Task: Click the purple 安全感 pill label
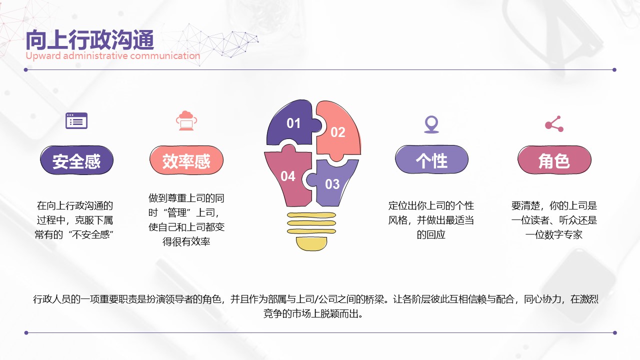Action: coord(76,160)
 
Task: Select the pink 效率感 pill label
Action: coord(186,160)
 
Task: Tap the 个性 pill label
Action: coord(431,159)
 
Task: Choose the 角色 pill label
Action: coord(554,160)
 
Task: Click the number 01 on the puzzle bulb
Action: coord(293,123)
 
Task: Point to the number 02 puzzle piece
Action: coord(338,132)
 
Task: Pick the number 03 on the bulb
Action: coord(332,184)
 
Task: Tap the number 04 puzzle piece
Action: coord(287,176)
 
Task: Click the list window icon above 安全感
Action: coord(76,121)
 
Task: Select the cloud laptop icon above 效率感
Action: coord(186,120)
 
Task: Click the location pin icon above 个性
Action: coord(431,124)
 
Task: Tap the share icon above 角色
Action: coord(554,124)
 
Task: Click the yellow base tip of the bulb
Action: coord(311,244)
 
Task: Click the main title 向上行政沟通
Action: coord(90,40)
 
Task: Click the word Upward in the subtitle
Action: coord(43,55)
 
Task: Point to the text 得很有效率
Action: coord(186,241)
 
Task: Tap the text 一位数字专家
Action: coord(554,234)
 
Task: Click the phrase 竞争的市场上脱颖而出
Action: coord(313,313)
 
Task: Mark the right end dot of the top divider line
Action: coord(614,69)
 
